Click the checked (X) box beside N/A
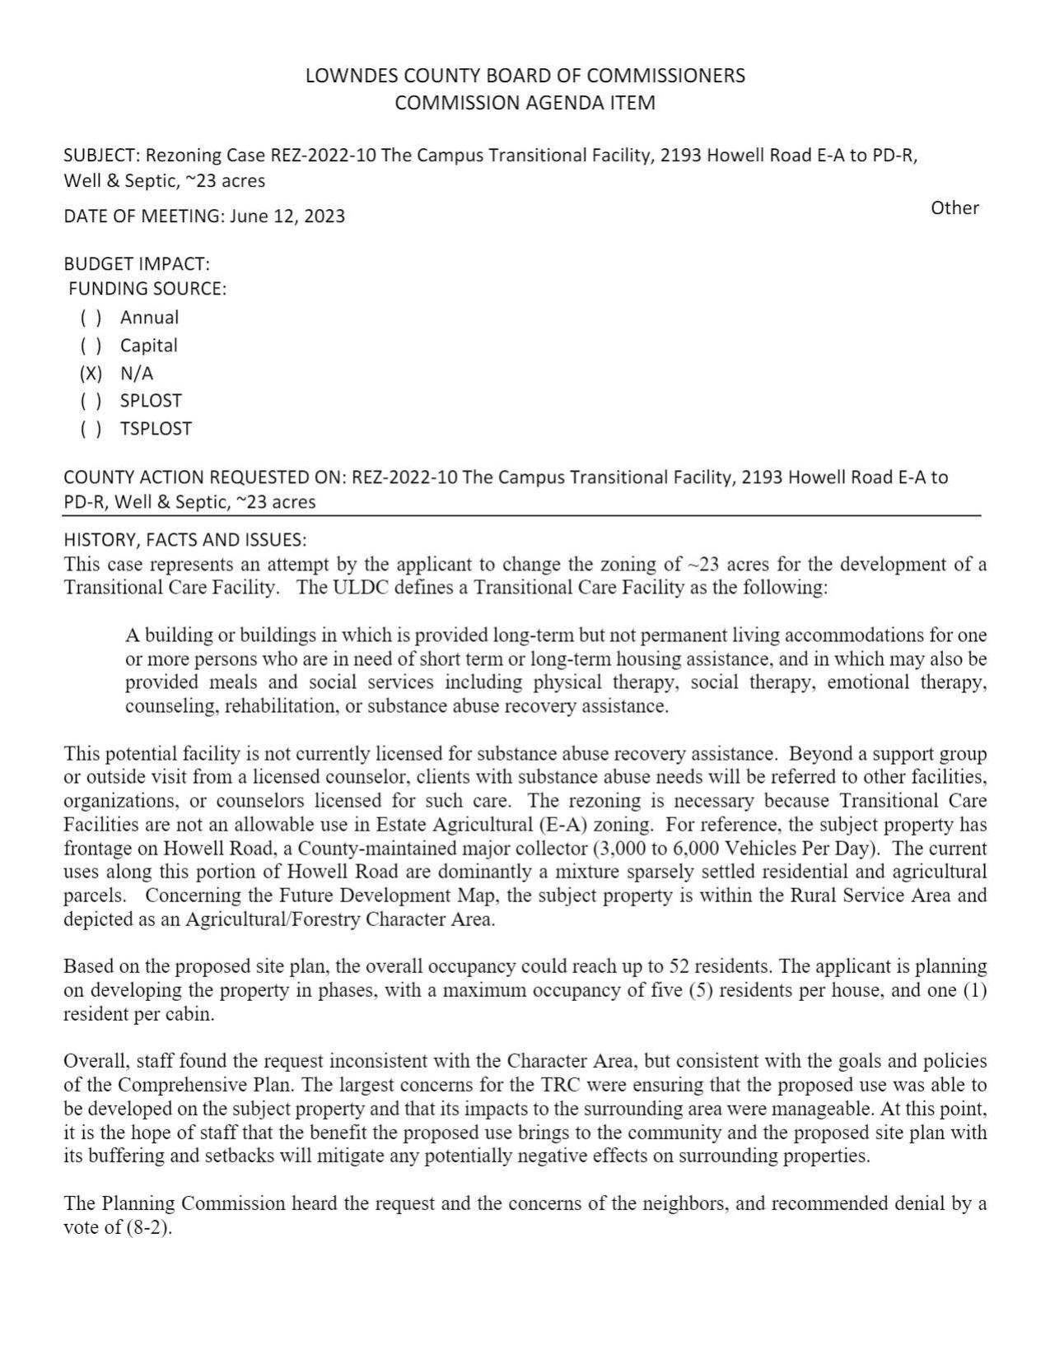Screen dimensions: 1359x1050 [x=91, y=374]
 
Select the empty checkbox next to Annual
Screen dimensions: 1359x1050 [x=91, y=318]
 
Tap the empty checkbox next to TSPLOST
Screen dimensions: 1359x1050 [x=91, y=429]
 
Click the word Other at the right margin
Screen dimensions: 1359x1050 [x=954, y=208]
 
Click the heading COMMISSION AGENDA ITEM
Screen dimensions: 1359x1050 [x=525, y=103]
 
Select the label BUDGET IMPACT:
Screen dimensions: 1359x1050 [x=137, y=264]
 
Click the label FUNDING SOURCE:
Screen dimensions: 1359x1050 [x=147, y=289]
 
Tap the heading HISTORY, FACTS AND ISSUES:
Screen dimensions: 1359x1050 [x=185, y=540]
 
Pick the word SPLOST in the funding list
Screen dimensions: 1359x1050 [x=151, y=401]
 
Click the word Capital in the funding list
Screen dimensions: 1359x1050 [x=148, y=346]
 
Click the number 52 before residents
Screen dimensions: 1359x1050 [x=679, y=966]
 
